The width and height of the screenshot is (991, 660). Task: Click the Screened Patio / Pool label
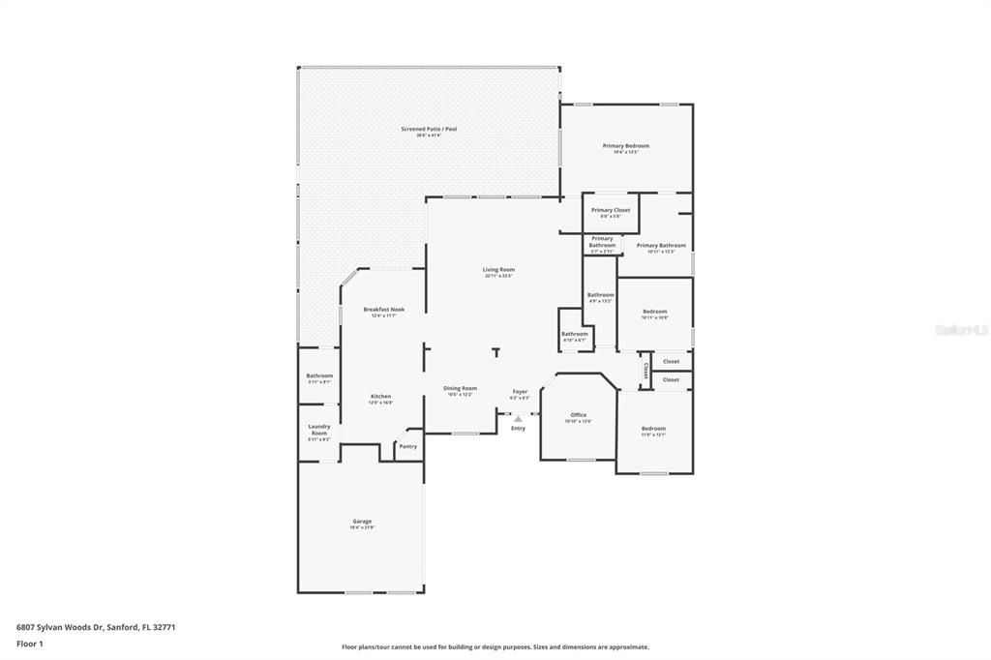pos(429,129)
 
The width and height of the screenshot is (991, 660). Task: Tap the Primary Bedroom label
pos(626,146)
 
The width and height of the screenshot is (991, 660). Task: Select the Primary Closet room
pos(611,213)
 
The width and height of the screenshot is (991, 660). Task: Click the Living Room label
pos(498,270)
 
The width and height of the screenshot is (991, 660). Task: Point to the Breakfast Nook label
pos(384,310)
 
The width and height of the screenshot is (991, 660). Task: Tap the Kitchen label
pos(381,397)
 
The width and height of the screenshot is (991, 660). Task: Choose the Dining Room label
pos(461,388)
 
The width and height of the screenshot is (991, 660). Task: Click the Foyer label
pos(520,392)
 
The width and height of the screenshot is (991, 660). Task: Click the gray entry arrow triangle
pos(518,418)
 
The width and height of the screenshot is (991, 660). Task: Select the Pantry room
pos(408,446)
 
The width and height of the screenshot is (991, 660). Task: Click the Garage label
pos(362,522)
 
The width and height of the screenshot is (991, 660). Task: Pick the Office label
pos(578,415)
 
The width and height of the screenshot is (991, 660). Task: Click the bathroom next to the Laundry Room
pos(319,376)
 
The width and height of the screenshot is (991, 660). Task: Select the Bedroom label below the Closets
pos(653,429)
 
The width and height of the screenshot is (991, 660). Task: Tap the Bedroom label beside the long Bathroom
pos(655,312)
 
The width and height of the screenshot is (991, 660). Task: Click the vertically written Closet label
pos(646,370)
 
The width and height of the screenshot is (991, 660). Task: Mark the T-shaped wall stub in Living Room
pos(496,351)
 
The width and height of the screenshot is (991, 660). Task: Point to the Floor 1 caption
pos(30,644)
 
